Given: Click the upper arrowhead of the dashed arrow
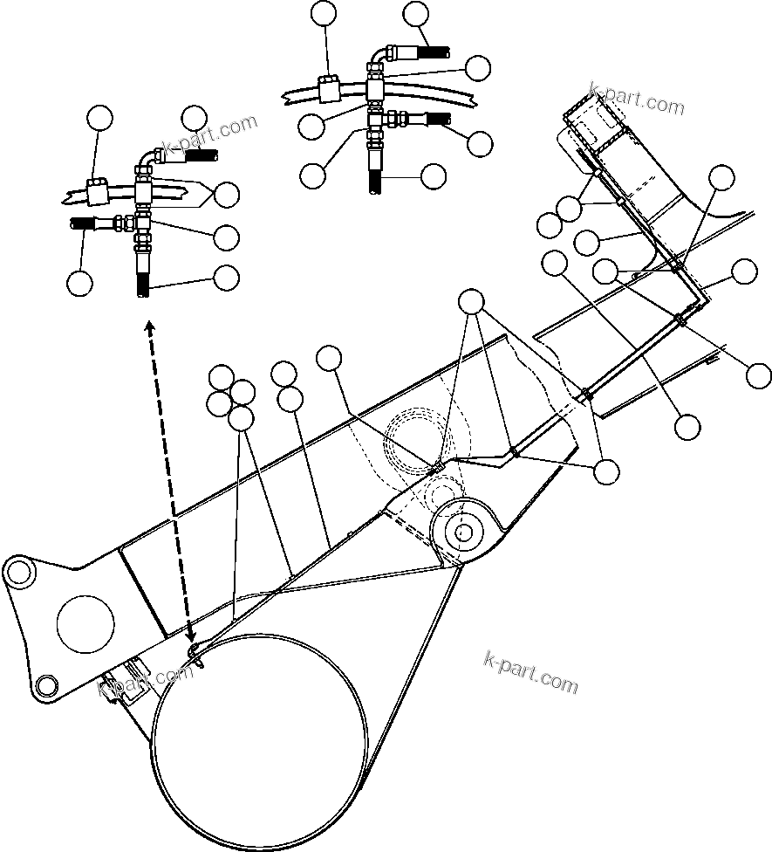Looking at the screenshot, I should [150, 326].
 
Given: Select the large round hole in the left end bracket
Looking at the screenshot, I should [85, 622].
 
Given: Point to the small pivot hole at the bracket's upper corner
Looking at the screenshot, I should [17, 572].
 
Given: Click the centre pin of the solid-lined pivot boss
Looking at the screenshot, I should [462, 531].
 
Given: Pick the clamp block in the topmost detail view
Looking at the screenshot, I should [330, 89].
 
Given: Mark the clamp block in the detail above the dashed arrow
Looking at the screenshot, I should [98, 187].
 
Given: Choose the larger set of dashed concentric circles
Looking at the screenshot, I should [419, 436].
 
